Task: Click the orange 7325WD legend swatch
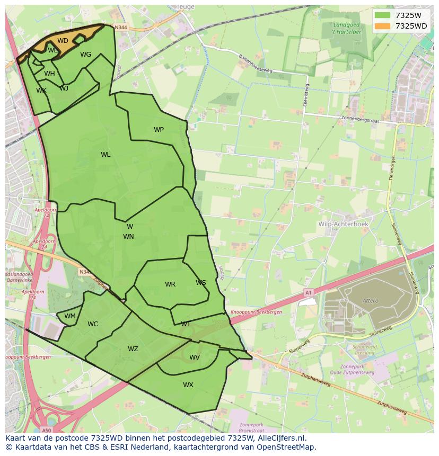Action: (x=382, y=26)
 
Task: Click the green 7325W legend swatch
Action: (x=382, y=15)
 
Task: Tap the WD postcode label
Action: (x=63, y=41)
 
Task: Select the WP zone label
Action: (x=159, y=130)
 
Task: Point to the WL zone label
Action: (x=106, y=155)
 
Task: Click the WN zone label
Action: (x=128, y=237)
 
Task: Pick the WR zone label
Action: (x=170, y=284)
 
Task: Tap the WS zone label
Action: (x=200, y=283)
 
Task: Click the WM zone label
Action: (x=70, y=316)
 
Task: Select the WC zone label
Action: (x=93, y=324)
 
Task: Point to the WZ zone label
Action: (x=133, y=349)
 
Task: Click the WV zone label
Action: (x=195, y=357)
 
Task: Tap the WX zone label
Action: (x=188, y=385)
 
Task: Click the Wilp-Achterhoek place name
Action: (x=343, y=224)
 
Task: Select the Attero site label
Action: (x=371, y=301)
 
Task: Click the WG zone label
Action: (x=85, y=55)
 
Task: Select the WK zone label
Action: (x=41, y=91)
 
